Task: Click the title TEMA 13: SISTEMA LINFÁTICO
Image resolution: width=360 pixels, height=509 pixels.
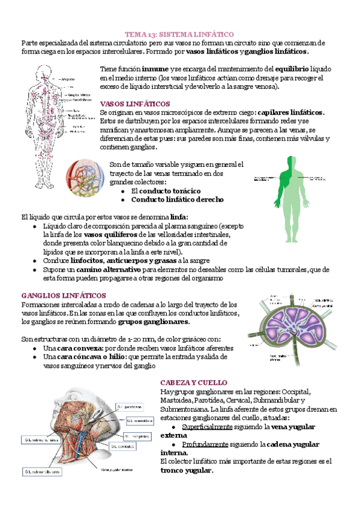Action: tap(179, 35)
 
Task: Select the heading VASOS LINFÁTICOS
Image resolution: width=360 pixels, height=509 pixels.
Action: tap(134, 103)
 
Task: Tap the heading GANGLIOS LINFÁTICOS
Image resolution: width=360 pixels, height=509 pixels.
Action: tap(63, 296)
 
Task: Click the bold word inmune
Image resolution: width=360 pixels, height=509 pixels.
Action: tap(148, 68)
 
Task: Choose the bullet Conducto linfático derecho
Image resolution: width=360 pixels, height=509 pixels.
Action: tap(178, 199)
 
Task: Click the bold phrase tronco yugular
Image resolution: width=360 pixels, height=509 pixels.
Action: tap(187, 471)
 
